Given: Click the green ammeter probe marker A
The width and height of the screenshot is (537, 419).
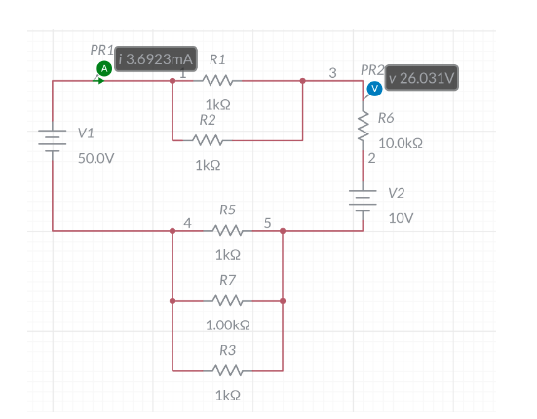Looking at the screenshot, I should [102, 67].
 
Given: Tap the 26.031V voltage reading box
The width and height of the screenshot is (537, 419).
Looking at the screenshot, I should [425, 77].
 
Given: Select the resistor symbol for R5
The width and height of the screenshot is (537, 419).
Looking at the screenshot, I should [226, 231].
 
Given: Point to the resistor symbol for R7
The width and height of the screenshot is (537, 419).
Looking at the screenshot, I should [226, 300].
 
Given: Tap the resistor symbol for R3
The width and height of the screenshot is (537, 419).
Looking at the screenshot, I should [226, 369].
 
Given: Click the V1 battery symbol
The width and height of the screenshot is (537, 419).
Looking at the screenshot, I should [52, 139].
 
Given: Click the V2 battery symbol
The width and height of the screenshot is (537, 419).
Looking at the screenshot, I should [364, 198].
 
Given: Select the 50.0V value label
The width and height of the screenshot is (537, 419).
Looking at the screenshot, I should [96, 156].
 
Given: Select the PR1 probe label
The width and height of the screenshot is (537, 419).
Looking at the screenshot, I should [101, 49].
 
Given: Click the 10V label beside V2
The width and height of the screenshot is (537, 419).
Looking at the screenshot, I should [401, 218].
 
